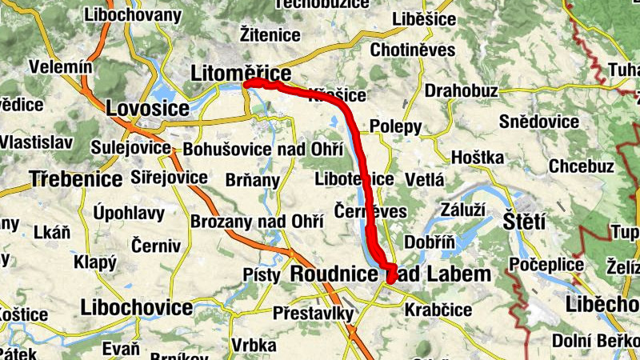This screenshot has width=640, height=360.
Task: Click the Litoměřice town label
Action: pos(240,74)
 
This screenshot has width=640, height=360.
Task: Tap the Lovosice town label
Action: pos(147,107)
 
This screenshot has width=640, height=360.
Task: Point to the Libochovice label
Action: pos(136,308)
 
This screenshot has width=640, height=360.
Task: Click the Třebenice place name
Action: pos(76,178)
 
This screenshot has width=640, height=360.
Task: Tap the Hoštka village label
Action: pos(478,156)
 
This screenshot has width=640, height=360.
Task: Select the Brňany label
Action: pos(253,181)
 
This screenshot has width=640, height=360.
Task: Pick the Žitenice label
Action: pos(270,34)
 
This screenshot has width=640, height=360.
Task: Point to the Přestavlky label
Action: pos(313,313)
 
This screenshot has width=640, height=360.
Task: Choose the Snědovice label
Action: pos(538,122)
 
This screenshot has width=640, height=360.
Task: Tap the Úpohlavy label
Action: pos(129,213)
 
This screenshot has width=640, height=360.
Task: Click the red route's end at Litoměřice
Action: pos(247,83)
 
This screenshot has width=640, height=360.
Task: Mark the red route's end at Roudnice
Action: pos(392,277)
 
